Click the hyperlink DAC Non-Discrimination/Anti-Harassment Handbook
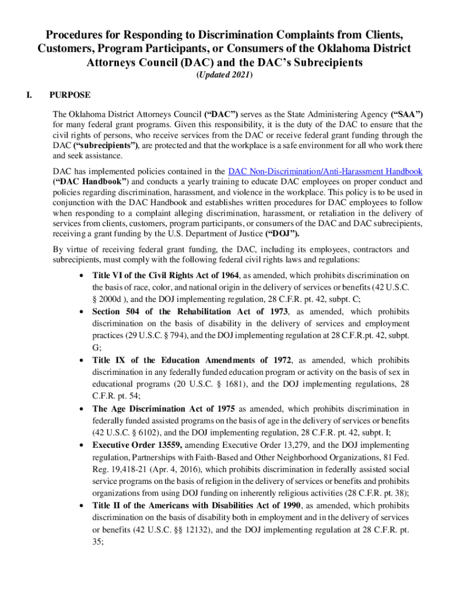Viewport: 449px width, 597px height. tap(325, 171)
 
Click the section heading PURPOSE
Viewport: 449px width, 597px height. tap(70, 94)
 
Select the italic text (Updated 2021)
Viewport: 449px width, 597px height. tap(224, 75)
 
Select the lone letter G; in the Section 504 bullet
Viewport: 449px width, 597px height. tap(96, 347)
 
